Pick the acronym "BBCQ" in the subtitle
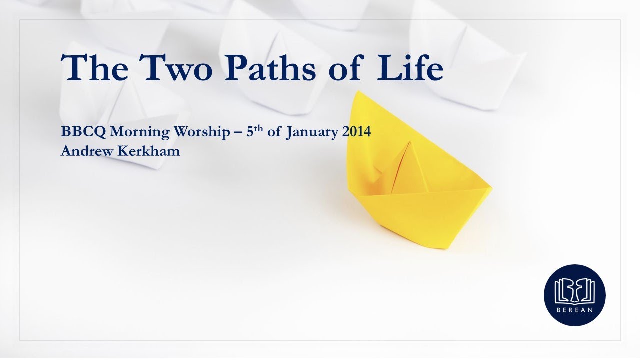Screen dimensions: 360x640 click(83, 132)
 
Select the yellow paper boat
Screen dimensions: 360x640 click(415, 190)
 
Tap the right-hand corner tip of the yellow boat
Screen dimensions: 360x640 click(491, 188)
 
